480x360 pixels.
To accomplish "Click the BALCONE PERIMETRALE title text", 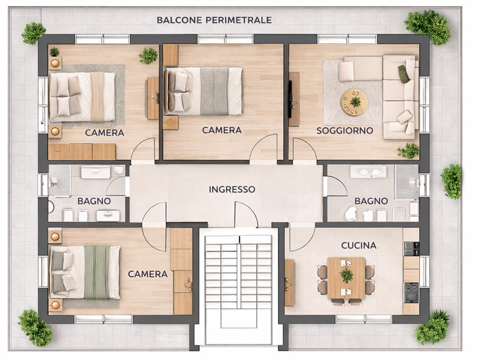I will [214, 20].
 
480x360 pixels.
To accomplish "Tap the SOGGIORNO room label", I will [345, 130].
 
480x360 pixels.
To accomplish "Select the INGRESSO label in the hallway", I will [232, 189].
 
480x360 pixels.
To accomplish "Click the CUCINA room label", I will [358, 245].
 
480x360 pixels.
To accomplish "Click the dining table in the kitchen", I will [346, 276].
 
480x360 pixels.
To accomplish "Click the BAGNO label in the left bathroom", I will [94, 201].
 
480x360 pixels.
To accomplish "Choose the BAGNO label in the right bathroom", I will [371, 200].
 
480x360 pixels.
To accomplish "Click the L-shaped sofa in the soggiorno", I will [399, 96].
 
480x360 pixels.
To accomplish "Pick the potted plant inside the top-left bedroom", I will [148, 56].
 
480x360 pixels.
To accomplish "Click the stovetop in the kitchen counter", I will [411, 293].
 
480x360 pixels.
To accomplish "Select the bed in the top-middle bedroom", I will [204, 90].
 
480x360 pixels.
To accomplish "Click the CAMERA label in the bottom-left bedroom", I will [148, 274].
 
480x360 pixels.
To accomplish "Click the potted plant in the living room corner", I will [409, 150].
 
